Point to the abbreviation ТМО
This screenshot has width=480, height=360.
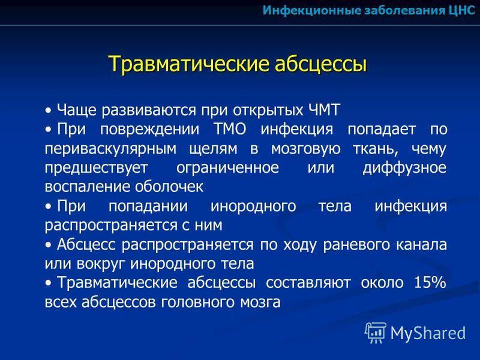tap(230, 129)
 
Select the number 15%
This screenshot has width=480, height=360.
tap(430, 282)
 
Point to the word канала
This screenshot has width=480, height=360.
tap(422, 245)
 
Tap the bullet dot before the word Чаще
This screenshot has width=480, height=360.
tap(49, 110)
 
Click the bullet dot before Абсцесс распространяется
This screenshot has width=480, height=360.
tap(49, 245)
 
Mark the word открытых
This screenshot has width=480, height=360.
tap(268, 110)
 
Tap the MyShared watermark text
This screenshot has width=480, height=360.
tap(428, 333)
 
